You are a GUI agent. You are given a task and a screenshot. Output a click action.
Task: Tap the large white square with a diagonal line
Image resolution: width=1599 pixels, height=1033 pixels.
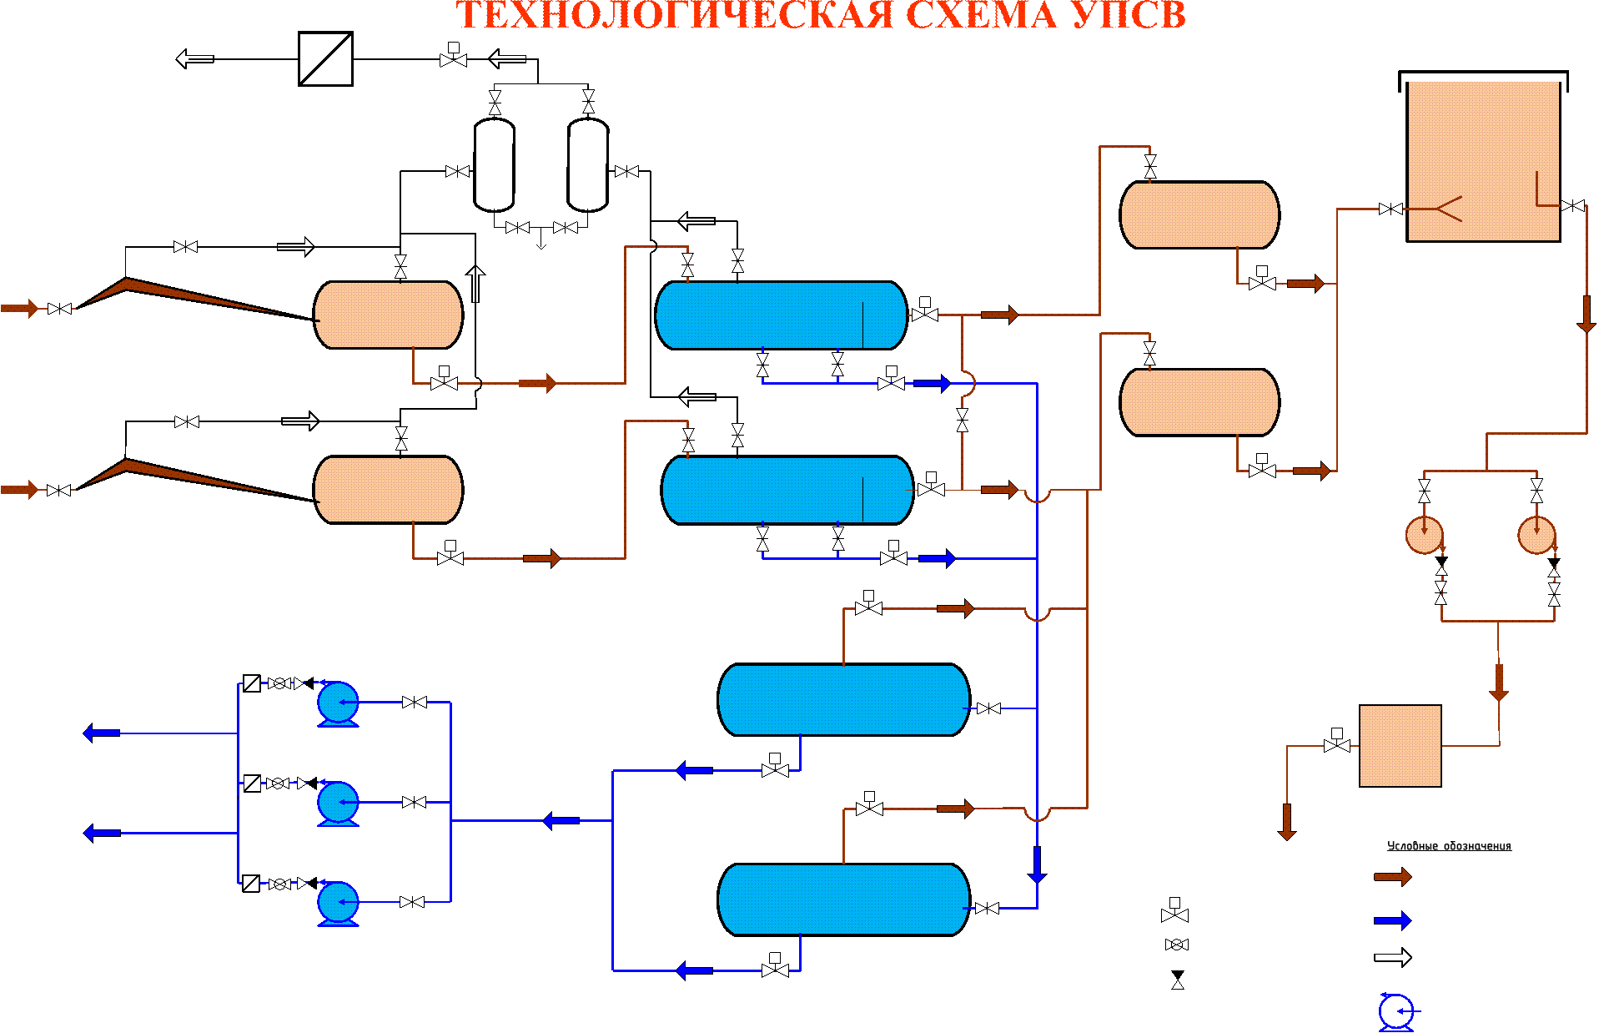325,59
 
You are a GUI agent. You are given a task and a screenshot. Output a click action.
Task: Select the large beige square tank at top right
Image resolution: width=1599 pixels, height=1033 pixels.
1483,161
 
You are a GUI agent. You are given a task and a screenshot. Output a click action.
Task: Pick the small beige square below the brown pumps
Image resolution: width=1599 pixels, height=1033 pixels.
1400,746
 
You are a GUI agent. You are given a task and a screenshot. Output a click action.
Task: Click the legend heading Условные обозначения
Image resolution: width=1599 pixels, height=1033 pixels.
1449,846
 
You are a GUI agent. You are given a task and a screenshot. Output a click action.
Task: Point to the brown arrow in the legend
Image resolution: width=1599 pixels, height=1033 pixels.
1392,877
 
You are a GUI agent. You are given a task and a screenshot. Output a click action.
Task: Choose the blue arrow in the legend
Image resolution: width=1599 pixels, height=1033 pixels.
1392,920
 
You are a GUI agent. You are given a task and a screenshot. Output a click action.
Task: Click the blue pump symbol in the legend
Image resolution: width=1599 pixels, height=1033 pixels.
1396,1012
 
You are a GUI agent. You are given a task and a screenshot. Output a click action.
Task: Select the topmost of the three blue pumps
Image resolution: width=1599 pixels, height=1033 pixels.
338,703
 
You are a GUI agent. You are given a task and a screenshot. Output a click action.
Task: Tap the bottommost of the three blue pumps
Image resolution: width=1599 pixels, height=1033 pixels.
338,904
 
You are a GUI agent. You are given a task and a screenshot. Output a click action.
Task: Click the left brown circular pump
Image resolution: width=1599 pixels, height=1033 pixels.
1425,535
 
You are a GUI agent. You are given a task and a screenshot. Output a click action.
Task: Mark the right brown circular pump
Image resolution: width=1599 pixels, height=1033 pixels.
1536,535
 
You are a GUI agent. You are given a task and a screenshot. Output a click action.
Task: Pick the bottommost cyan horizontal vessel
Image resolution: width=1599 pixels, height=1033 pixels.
843,899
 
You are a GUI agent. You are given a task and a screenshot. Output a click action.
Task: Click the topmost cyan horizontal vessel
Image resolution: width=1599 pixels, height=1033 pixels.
781,315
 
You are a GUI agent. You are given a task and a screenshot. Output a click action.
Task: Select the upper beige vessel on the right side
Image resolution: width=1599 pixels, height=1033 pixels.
1199,215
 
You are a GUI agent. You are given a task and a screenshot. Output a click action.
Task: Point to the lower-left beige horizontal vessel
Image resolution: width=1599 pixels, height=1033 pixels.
388,490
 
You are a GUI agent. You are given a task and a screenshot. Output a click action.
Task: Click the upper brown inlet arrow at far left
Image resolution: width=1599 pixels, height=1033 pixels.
19,309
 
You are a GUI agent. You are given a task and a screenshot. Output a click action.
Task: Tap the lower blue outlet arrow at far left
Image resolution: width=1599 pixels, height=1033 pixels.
102,833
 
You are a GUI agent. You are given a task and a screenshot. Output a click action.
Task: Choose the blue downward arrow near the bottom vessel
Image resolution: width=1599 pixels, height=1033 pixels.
1037,865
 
